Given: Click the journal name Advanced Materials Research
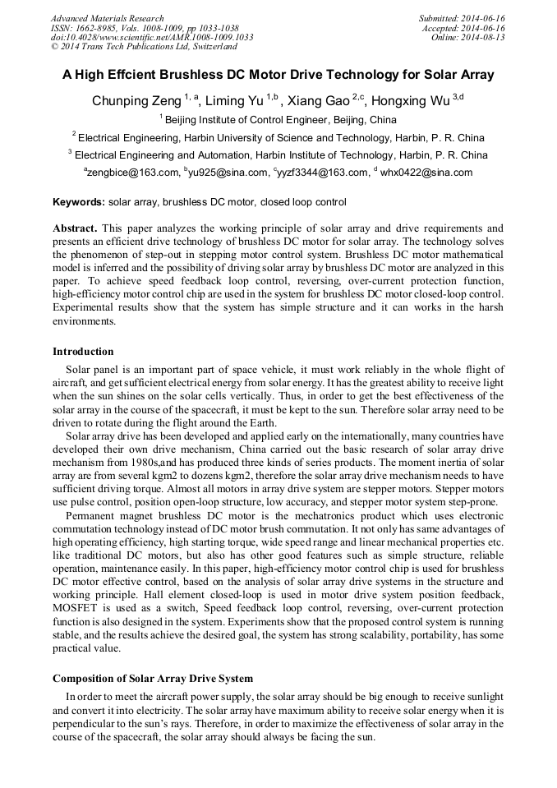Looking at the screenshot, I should click(x=107, y=18).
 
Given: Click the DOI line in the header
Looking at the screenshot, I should click(x=152, y=37).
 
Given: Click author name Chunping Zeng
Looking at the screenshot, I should click(x=136, y=102).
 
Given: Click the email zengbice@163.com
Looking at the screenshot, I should click(x=132, y=173).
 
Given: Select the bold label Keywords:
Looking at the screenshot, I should click(x=79, y=202).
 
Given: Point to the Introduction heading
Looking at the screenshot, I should click(x=83, y=352).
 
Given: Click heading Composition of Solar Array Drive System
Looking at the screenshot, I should click(x=153, y=679).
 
